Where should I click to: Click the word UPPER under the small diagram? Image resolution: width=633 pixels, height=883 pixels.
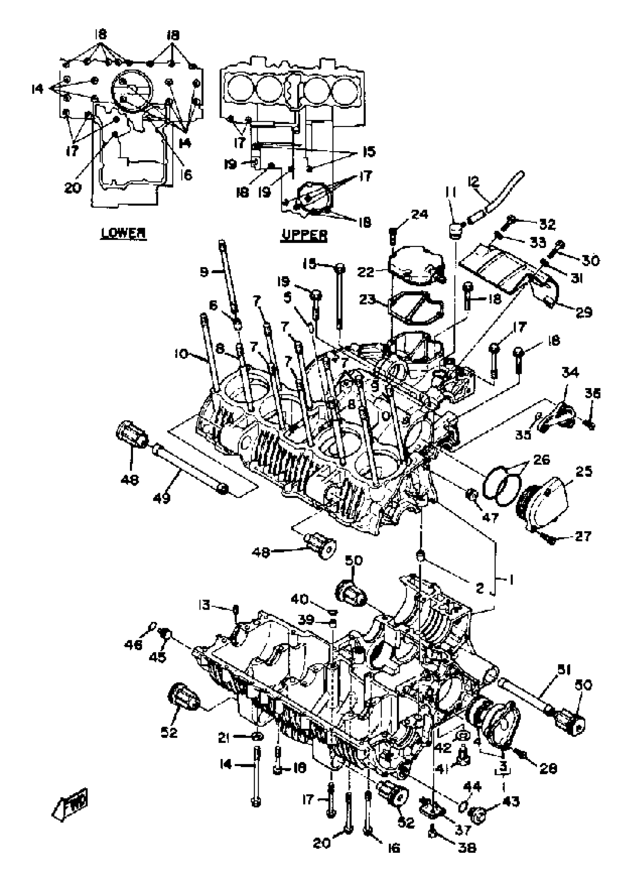click(305, 235)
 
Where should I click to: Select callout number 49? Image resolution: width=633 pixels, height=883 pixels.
click(162, 498)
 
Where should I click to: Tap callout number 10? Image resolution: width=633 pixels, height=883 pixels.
click(181, 354)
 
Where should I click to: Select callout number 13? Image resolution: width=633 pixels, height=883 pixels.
click(204, 605)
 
